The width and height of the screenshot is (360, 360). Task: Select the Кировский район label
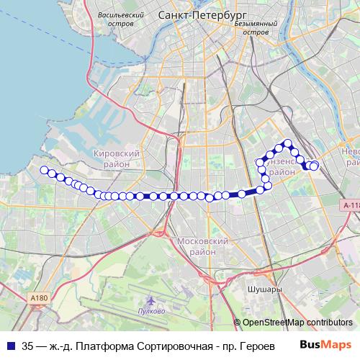pyautogui.click(x=116, y=158)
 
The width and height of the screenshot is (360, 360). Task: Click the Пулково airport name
pyautogui.click(x=151, y=311)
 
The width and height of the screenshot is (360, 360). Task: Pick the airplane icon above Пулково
pyautogui.click(x=150, y=300)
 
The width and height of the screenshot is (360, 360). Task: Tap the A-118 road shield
pyautogui.click(x=351, y=205)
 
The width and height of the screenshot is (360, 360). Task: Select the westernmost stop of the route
pyautogui.click(x=44, y=171)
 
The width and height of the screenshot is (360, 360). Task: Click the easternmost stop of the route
pyautogui.click(x=314, y=166)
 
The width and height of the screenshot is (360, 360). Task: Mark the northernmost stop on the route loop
pyautogui.click(x=287, y=143)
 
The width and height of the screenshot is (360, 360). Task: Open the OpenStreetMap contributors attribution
pyautogui.click(x=297, y=323)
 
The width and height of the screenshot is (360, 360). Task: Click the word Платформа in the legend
pyautogui.click(x=98, y=345)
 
